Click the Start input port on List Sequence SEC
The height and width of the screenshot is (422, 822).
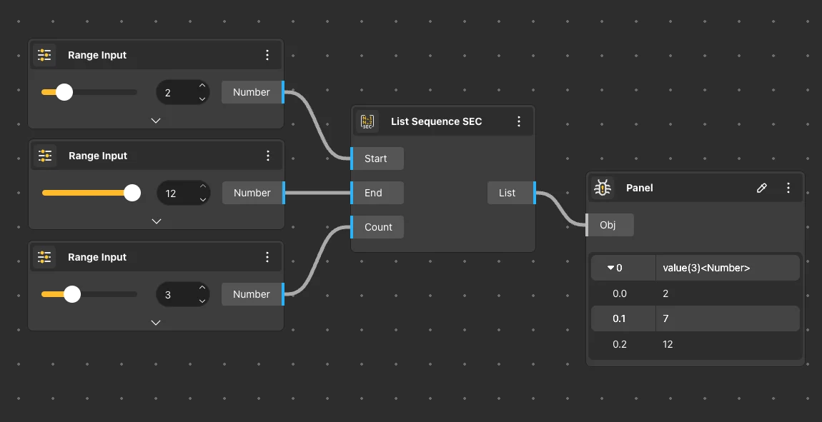[377, 159]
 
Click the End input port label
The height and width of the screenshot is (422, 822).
[374, 193]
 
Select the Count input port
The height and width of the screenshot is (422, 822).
[378, 227]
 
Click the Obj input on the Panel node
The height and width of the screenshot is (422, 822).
[608, 225]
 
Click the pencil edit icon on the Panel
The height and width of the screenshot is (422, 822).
[762, 188]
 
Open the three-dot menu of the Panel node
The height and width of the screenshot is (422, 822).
[788, 188]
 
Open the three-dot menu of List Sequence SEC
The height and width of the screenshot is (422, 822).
[519, 121]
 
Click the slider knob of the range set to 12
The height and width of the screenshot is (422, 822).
[132, 193]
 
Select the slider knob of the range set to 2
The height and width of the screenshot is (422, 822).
[64, 92]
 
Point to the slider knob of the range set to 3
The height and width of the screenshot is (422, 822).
[72, 294]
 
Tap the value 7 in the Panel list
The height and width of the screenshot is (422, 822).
[666, 318]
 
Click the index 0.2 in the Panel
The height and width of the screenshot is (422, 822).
[620, 344]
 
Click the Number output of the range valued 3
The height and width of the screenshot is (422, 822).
[252, 294]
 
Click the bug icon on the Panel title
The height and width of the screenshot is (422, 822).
[603, 188]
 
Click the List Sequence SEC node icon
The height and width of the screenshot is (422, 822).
[367, 121]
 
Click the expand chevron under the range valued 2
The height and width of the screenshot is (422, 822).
[156, 121]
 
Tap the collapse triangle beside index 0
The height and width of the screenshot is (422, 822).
[610, 268]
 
